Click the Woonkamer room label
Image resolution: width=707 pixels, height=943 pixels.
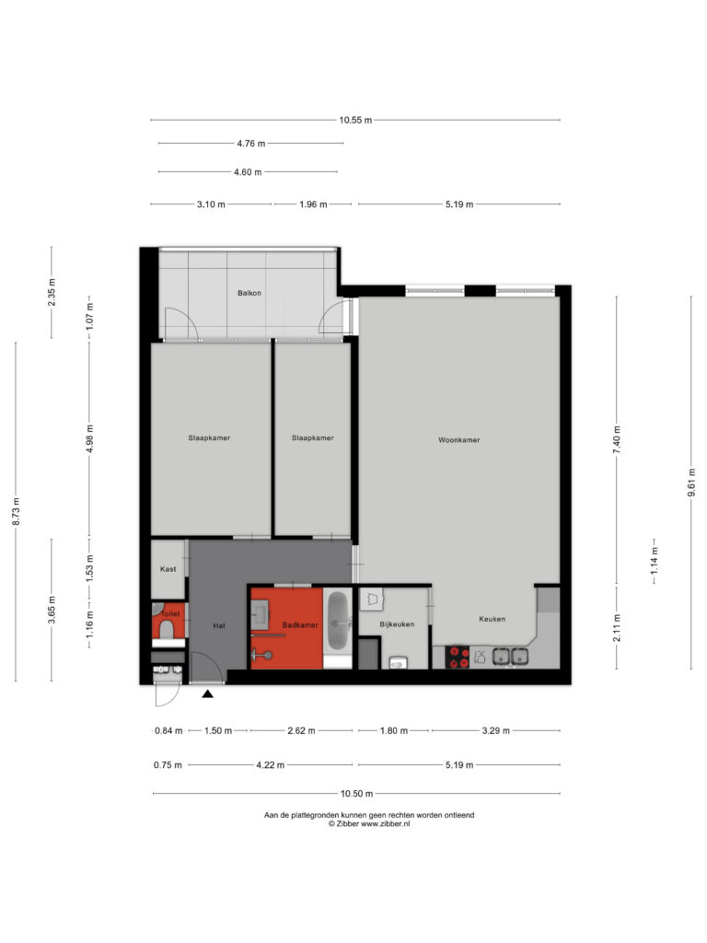pyautogui.click(x=458, y=439)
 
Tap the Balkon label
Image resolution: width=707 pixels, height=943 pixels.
pyautogui.click(x=249, y=293)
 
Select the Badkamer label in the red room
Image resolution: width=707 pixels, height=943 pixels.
pyautogui.click(x=300, y=625)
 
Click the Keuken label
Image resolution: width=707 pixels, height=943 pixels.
pyautogui.click(x=492, y=618)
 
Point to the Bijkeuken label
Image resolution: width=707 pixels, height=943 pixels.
pyautogui.click(x=397, y=624)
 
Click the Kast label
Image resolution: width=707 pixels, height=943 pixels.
pyautogui.click(x=168, y=569)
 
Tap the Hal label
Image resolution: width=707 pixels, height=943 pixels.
pyautogui.click(x=219, y=625)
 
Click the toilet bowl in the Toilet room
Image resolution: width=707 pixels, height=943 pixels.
pyautogui.click(x=167, y=629)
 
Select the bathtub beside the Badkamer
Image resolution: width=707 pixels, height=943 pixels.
pyautogui.click(x=338, y=622)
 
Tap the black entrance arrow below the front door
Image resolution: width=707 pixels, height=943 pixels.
pyautogui.click(x=207, y=694)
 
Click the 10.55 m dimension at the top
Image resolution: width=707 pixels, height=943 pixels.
pyautogui.click(x=355, y=120)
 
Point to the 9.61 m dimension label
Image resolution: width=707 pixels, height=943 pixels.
pyautogui.click(x=691, y=483)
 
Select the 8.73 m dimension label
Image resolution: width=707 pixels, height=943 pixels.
pyautogui.click(x=17, y=511)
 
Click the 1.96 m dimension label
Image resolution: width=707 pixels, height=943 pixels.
pyautogui.click(x=313, y=204)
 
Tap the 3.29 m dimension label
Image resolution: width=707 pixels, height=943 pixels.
pyautogui.click(x=496, y=730)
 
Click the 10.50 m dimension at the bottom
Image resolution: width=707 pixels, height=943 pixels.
pyautogui.click(x=356, y=793)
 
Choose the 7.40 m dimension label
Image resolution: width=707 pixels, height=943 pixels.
pyautogui.click(x=617, y=440)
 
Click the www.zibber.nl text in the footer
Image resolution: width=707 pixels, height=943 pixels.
pyautogui.click(x=386, y=824)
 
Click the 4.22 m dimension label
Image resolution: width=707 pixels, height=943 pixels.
pyautogui.click(x=271, y=765)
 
